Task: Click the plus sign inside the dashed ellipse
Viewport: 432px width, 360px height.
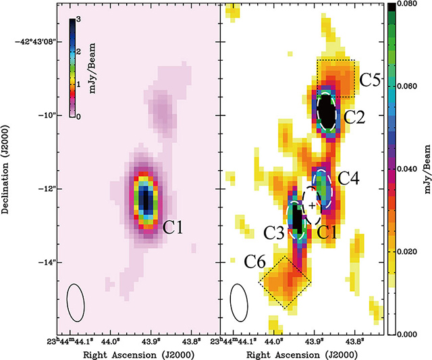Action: [x=311, y=203]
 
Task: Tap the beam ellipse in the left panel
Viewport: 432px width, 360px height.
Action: [x=76, y=302]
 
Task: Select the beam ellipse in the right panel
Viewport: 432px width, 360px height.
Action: [x=239, y=302]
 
